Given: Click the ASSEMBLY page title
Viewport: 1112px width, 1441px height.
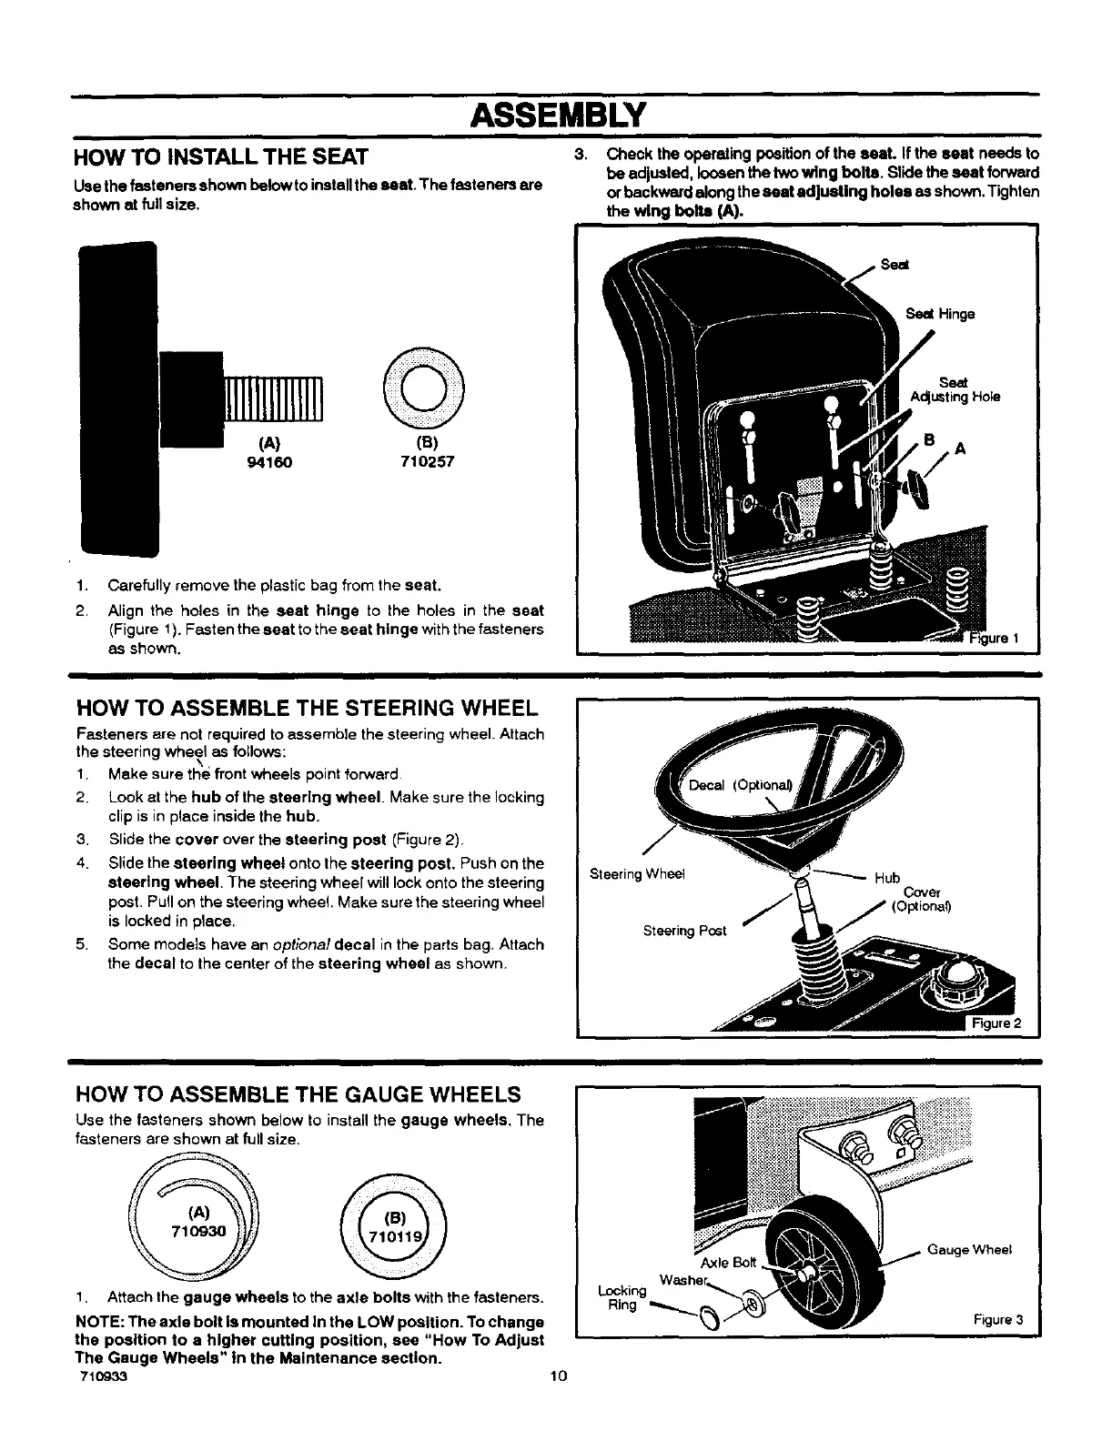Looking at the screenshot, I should coord(556,116).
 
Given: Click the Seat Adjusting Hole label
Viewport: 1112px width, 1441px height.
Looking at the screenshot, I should coord(955,390).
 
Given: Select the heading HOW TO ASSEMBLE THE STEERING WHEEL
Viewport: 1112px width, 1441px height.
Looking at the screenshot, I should coord(306,709).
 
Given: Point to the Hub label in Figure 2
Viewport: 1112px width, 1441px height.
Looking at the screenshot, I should coord(886,878).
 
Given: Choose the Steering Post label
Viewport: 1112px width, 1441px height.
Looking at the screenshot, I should coord(684,931).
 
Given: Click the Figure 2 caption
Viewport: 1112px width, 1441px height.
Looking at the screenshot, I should coord(996,1023).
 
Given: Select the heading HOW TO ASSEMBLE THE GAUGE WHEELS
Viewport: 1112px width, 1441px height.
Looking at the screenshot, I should coord(299,1093).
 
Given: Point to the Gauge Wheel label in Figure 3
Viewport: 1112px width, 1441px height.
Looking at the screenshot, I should coord(969,1250).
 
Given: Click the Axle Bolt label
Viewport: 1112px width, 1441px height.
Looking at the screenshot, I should coord(728,1263).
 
